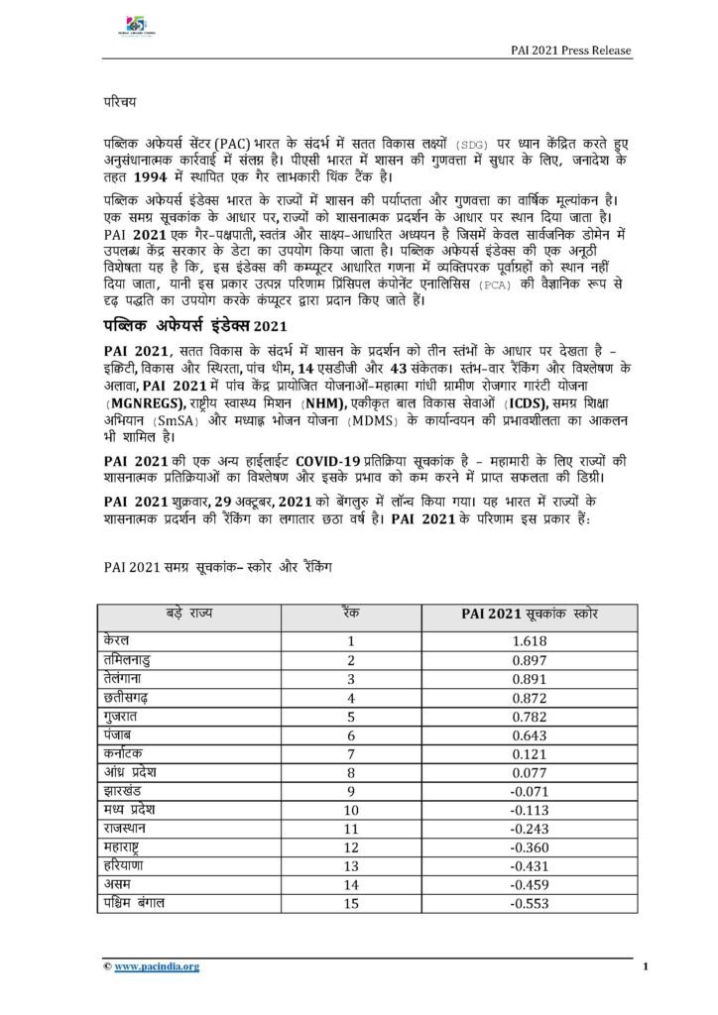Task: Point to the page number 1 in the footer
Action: tap(645, 966)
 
